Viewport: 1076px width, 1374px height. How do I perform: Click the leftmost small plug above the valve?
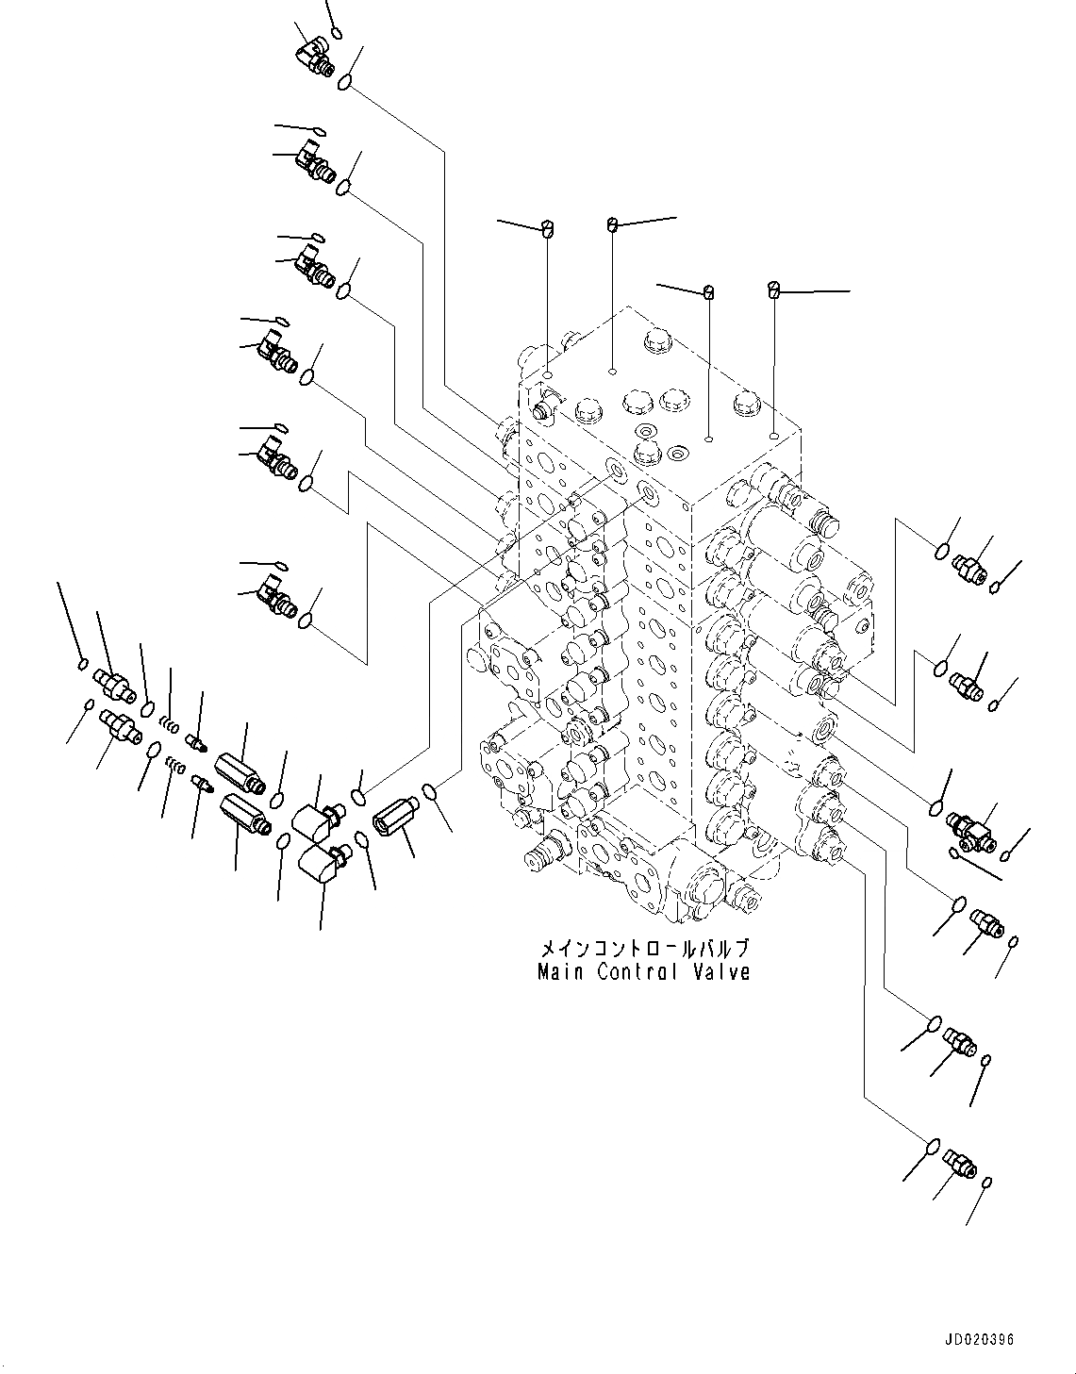coord(548,227)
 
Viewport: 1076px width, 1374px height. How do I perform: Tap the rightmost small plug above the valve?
coord(774,290)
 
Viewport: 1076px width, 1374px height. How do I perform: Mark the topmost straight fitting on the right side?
coord(968,570)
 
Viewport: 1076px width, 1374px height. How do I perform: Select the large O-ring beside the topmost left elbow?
coord(345,82)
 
